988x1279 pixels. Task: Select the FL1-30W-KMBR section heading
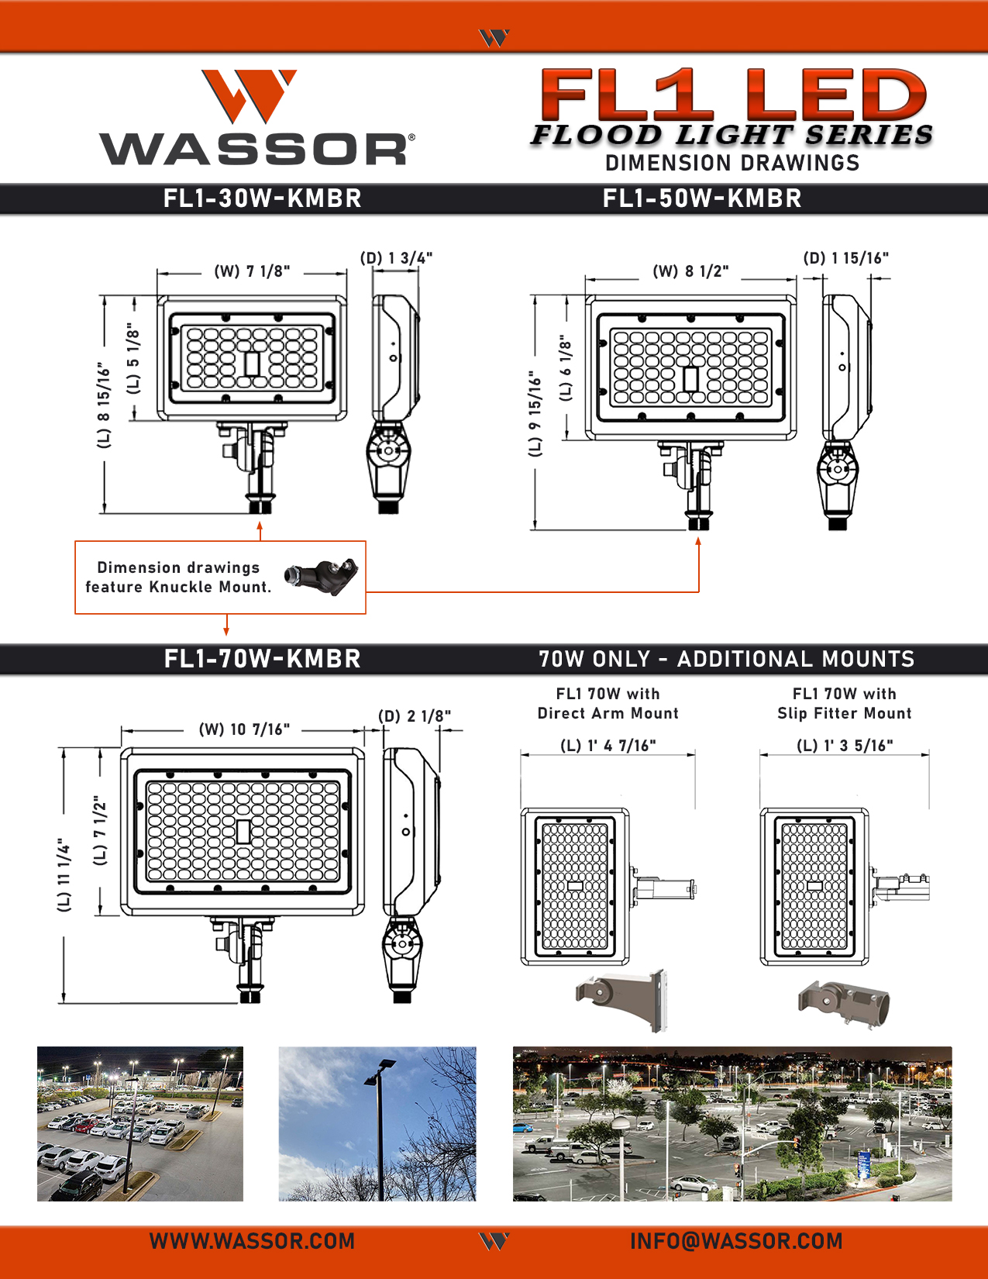[x=263, y=198]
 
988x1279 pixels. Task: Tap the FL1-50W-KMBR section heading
[x=702, y=198]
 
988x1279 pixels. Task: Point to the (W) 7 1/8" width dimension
[x=252, y=271]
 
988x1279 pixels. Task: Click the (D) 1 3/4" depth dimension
[x=396, y=258]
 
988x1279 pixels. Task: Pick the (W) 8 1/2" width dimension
[x=691, y=271]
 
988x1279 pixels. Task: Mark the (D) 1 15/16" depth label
[x=845, y=258]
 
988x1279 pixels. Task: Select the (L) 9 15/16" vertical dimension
[x=535, y=414]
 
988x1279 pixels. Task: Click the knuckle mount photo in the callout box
[x=321, y=577]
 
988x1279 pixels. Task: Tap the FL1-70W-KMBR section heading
[x=263, y=659]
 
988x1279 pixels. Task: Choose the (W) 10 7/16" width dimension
[x=244, y=729]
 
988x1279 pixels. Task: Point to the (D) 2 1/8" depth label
[x=415, y=715]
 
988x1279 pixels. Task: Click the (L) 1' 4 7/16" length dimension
[x=608, y=746]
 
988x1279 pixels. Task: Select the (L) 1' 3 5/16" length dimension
[x=845, y=746]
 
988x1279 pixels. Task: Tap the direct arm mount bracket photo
[x=621, y=1000]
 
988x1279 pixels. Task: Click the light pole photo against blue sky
[x=377, y=1124]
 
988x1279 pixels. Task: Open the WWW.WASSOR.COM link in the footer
[x=252, y=1241]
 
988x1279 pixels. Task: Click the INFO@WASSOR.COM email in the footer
[x=736, y=1241]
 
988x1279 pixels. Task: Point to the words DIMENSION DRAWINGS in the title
[x=732, y=163]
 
